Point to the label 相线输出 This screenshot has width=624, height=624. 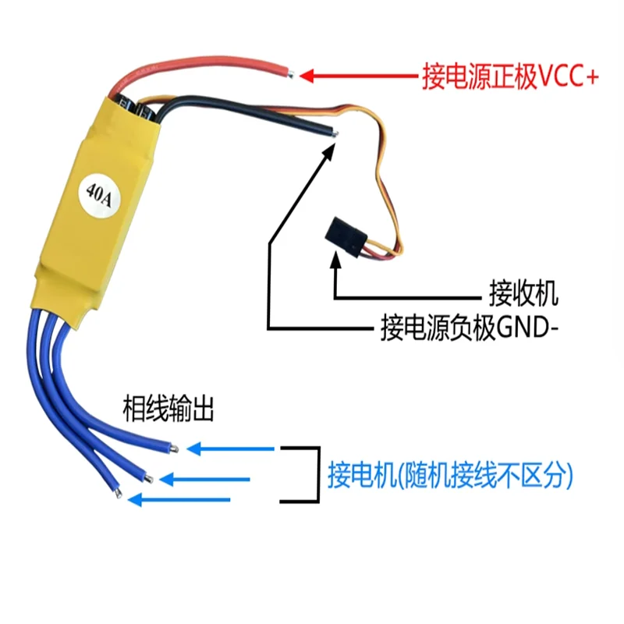(x=168, y=409)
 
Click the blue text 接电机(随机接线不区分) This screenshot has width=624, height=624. (x=450, y=475)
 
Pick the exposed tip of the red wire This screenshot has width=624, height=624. (x=290, y=75)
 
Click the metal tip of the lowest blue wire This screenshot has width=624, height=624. (x=117, y=493)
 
